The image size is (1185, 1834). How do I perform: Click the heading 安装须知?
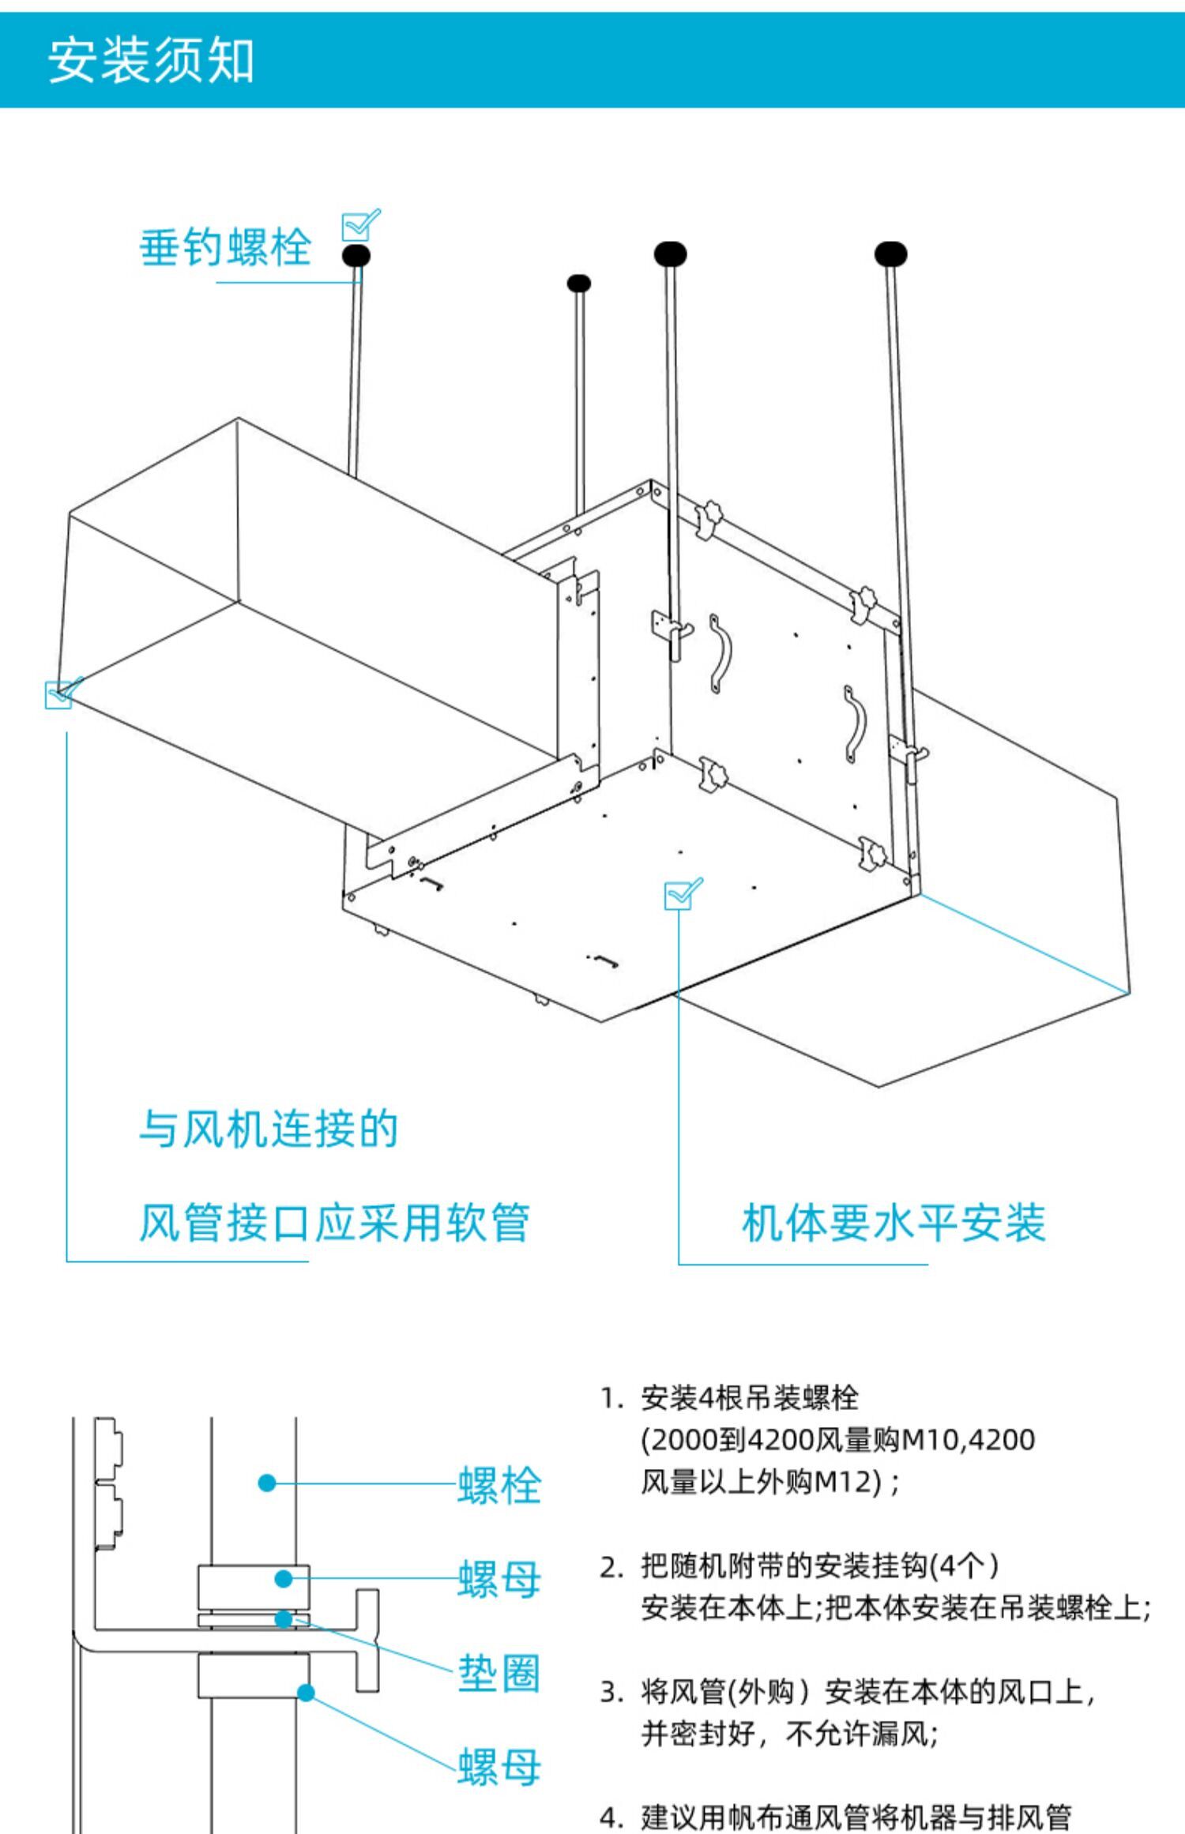(151, 61)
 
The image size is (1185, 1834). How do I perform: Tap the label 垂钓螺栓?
(225, 247)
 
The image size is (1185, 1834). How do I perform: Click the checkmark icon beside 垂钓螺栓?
(359, 226)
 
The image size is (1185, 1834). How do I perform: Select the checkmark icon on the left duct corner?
(62, 693)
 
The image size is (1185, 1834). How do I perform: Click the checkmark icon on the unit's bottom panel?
(682, 894)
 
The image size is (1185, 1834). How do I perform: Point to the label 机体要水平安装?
(893, 1223)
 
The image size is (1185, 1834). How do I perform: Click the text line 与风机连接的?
(269, 1128)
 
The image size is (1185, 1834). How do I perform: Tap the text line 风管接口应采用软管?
(333, 1223)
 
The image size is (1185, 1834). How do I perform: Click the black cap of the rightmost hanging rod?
(890, 254)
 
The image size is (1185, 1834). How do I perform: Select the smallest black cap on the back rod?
(579, 284)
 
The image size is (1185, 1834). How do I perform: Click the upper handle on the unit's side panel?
(720, 653)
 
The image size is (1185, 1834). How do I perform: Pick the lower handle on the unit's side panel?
(854, 724)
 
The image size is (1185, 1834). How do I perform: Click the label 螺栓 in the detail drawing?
(499, 1485)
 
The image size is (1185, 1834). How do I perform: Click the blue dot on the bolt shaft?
(267, 1483)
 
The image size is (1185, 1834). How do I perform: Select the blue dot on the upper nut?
(284, 1579)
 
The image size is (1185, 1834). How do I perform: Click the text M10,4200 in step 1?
(968, 1440)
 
